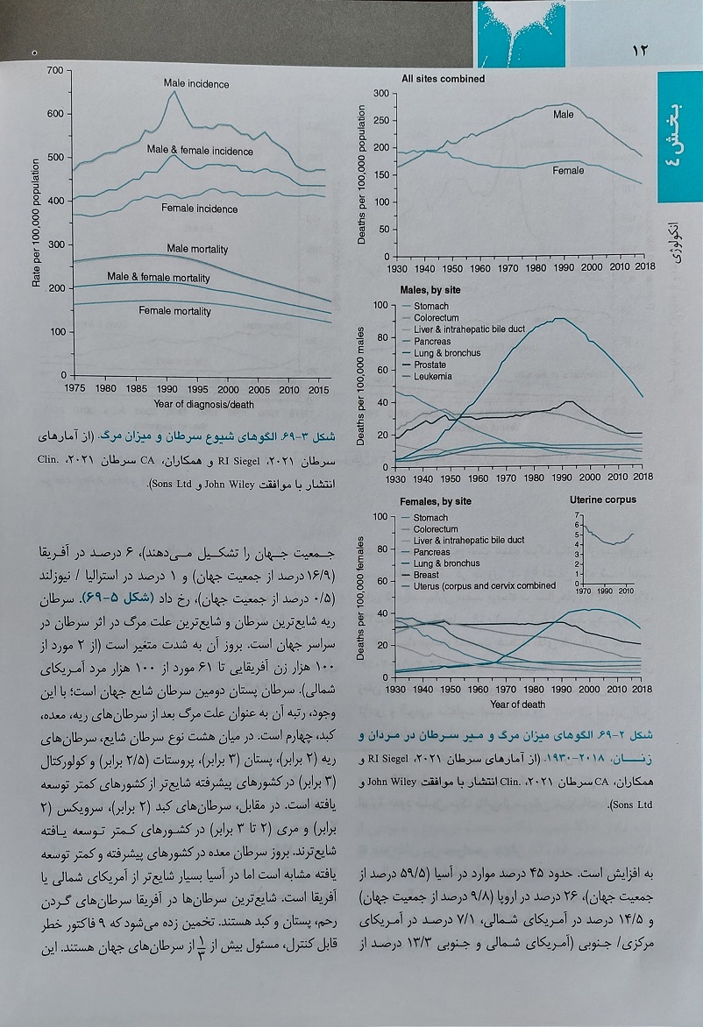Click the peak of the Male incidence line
point(174,92)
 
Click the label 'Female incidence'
point(200,209)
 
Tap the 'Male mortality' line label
point(197,249)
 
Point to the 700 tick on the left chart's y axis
point(55,70)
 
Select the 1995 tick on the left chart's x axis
point(197,388)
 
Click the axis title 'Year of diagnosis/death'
point(203,404)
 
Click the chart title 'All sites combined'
point(443,79)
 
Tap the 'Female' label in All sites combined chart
point(568,170)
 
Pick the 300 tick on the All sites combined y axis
point(381,94)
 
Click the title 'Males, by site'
point(430,290)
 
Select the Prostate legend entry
point(430,365)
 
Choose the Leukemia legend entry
point(432,377)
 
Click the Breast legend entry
point(426,575)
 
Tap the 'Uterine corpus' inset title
point(603,499)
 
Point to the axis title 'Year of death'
point(517,705)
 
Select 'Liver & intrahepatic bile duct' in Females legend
point(468,541)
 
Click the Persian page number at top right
point(639,51)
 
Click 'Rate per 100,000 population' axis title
point(36,223)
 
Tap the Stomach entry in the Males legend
point(431,306)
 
